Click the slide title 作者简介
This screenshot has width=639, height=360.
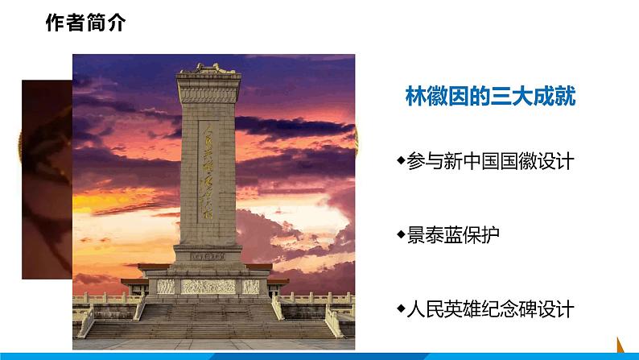coord(85,23)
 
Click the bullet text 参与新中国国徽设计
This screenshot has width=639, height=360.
coord(490,161)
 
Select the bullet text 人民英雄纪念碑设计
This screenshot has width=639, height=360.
coord(490,308)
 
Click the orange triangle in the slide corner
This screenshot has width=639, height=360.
coord(623,344)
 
